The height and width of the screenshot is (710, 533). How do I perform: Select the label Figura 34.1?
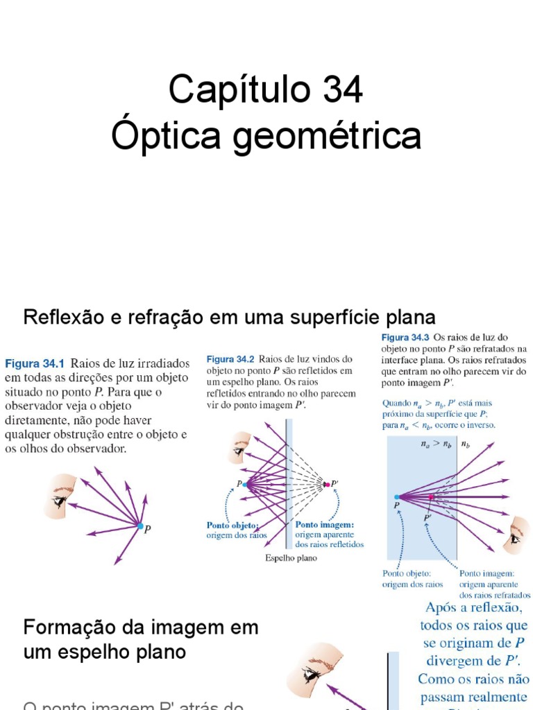35,363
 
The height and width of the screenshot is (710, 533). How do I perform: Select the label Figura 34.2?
231,359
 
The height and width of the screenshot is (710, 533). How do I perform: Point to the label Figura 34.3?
406,336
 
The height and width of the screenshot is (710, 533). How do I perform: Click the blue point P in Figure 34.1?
140,527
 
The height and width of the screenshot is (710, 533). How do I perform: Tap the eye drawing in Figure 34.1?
60,496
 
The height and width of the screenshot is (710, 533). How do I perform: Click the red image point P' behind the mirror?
323,483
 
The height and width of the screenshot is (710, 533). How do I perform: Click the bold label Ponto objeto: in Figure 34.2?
232,525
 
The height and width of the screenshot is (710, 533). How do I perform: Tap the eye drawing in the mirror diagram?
240,448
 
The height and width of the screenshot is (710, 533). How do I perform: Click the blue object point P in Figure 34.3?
397,496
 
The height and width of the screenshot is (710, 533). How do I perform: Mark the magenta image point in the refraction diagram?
431,496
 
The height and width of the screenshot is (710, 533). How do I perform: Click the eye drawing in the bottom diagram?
314,670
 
